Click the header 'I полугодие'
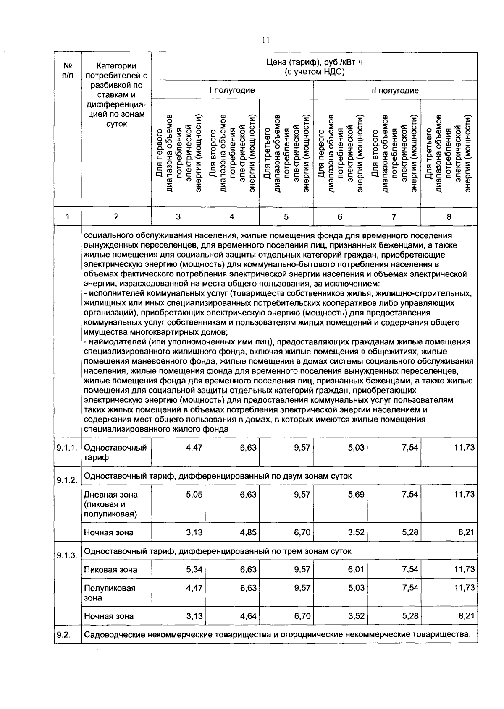click(x=232, y=90)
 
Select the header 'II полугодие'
click(x=394, y=90)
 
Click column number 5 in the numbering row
click(x=286, y=217)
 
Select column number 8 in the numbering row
click(x=449, y=217)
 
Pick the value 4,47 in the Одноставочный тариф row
click(x=194, y=448)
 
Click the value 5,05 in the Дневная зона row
click(x=194, y=495)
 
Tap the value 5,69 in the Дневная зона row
click(x=356, y=495)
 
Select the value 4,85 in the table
click(x=248, y=532)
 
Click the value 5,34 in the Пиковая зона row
click(x=194, y=569)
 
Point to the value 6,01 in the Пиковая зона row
click(x=356, y=569)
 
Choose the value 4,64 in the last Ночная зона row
click(x=248, y=616)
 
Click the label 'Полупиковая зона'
click(x=110, y=592)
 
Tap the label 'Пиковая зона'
click(x=110, y=570)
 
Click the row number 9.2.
click(x=63, y=634)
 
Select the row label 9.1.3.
click(x=67, y=556)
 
